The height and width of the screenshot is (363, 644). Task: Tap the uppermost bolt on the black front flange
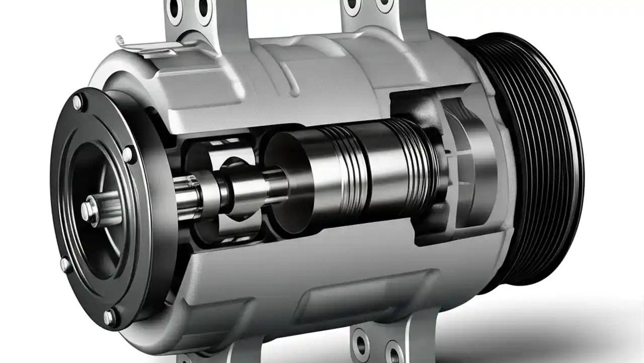pos(77,102)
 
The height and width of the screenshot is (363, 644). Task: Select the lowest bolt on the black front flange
pos(109,317)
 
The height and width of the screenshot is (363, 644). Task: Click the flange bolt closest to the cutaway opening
pos(128,154)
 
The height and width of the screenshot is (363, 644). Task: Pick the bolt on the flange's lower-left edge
pos(65,264)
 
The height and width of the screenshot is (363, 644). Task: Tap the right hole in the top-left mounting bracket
pos(203,8)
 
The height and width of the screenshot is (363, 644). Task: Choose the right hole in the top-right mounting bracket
pos(384,5)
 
